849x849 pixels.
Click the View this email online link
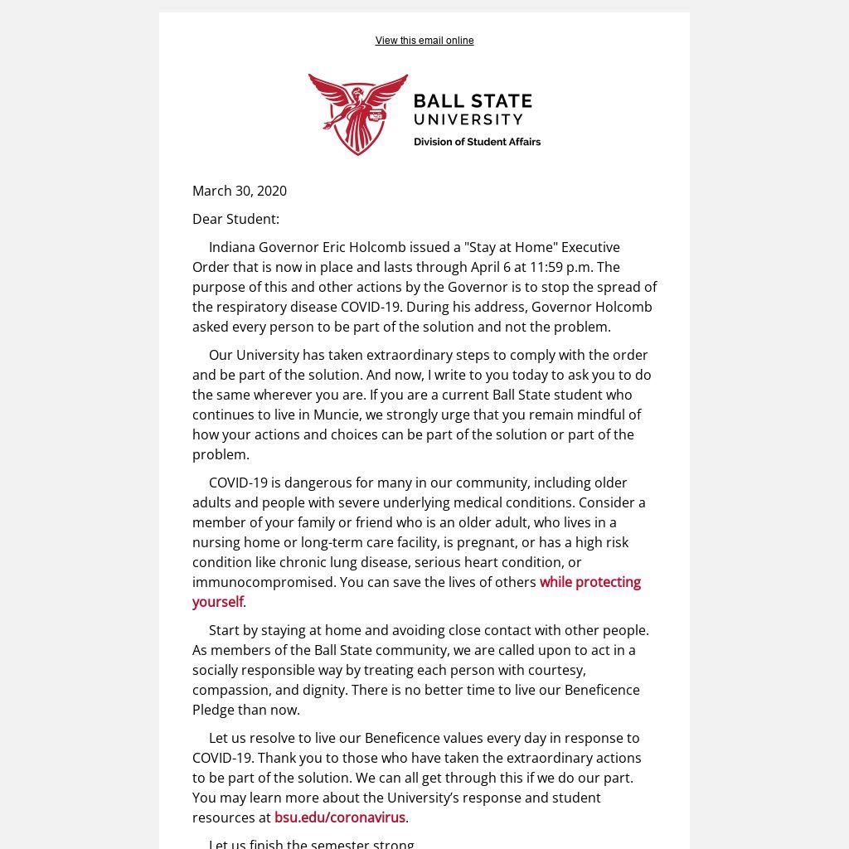click(424, 41)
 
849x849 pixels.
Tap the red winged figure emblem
click(358, 114)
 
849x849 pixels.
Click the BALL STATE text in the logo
click(473, 101)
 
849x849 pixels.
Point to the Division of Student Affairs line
click(477, 142)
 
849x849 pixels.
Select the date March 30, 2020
click(240, 191)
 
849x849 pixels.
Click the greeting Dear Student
click(235, 219)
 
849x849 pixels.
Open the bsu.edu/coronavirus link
click(340, 817)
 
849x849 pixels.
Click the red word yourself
click(217, 602)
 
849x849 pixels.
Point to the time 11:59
click(546, 267)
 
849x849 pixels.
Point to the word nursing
click(216, 542)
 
